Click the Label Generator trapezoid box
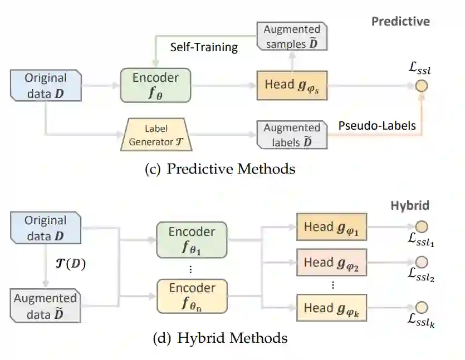point(156,135)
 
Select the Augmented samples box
point(292,36)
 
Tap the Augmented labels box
point(292,135)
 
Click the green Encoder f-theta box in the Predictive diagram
point(155,85)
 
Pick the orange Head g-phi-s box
point(291,85)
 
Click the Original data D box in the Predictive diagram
point(46,85)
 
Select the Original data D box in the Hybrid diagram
point(46,228)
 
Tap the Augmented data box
point(46,306)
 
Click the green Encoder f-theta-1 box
point(192,239)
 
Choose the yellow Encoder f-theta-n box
point(192,295)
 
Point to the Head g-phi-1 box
point(331,227)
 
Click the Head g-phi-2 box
point(331,263)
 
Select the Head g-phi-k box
point(331,308)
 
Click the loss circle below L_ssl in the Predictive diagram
point(421,86)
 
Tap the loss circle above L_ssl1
point(422,226)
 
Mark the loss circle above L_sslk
point(422,307)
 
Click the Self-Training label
point(204,47)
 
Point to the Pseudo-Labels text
point(377,126)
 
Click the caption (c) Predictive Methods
point(219,168)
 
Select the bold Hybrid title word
point(409,205)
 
